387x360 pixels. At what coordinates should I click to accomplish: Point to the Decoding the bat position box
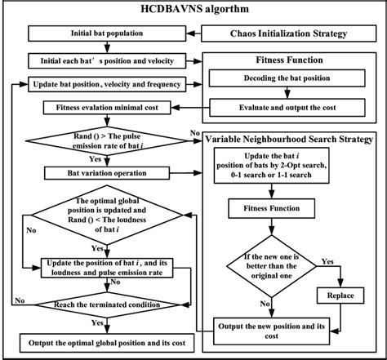[287, 80]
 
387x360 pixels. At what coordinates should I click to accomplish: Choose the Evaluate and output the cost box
[287, 106]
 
